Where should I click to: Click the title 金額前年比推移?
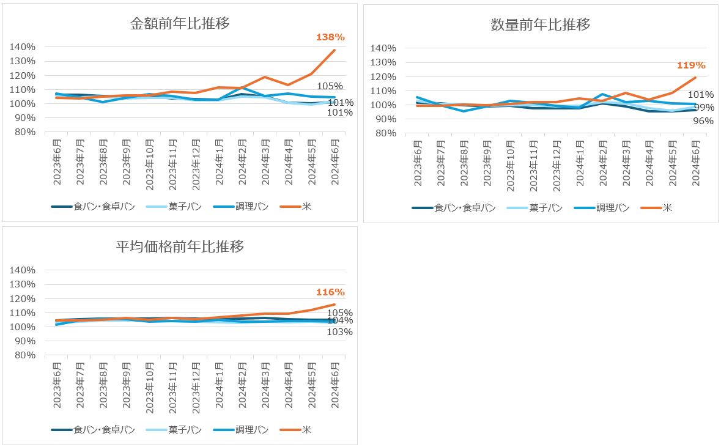(180, 24)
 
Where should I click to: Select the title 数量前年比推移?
(541, 25)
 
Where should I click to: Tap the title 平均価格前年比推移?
(180, 246)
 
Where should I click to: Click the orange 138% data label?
(330, 37)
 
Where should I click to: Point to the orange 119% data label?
(691, 65)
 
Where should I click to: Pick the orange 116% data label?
(330, 292)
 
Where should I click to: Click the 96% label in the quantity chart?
(703, 121)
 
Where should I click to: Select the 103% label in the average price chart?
(340, 332)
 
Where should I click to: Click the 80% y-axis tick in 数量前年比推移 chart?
(385, 133)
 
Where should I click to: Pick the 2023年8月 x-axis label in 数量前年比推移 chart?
(464, 161)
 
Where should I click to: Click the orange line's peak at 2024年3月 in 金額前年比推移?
(265, 77)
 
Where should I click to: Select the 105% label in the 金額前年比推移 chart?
(330, 86)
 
